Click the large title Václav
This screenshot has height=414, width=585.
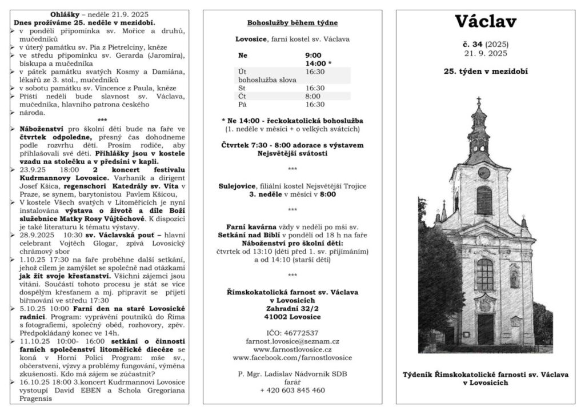pyautogui.click(x=486, y=22)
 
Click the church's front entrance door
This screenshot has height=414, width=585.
pyautogui.click(x=485, y=329)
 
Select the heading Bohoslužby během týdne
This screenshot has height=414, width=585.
pyautogui.click(x=292, y=23)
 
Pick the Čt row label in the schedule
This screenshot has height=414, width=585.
pyautogui.click(x=242, y=96)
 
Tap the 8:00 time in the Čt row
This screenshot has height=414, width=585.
pyautogui.click(x=313, y=96)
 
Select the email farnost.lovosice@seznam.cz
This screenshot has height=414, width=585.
pyautogui.click(x=292, y=341)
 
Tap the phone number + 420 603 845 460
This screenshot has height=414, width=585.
pyautogui.click(x=292, y=390)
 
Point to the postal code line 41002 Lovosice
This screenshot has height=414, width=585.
pyautogui.click(x=292, y=316)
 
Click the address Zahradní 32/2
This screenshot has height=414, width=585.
pyautogui.click(x=292, y=308)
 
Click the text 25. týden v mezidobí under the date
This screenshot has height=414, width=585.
pyautogui.click(x=486, y=72)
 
